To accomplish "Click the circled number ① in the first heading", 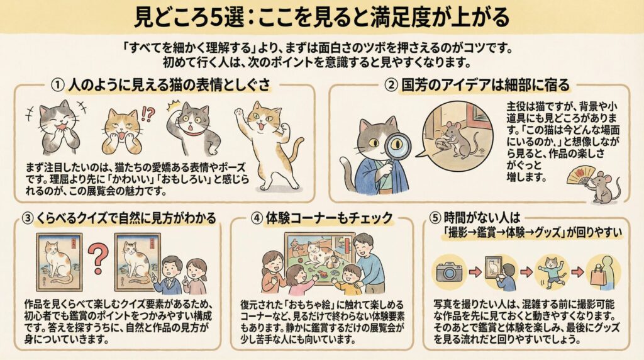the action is pyautogui.click(x=58, y=85).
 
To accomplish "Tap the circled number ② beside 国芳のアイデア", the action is pyautogui.click(x=391, y=85).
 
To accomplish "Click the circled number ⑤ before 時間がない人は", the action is pyautogui.click(x=435, y=217).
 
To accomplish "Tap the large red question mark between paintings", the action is pyautogui.click(x=97, y=259).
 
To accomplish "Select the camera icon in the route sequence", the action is pyautogui.click(x=449, y=272).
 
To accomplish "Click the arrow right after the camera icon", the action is pyautogui.click(x=475, y=272).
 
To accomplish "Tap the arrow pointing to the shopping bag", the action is pyautogui.click(x=577, y=272).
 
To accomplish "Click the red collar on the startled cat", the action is pyautogui.click(x=195, y=134).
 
